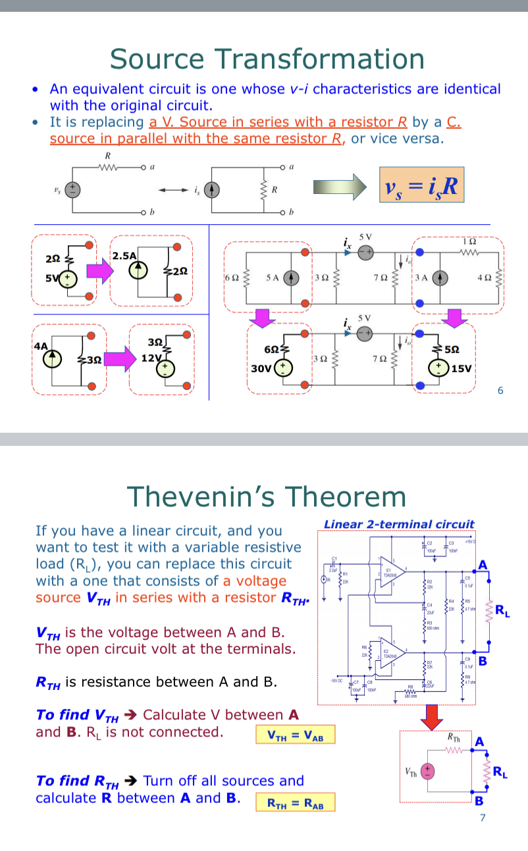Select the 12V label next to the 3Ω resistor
(151, 358)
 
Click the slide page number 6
(500, 391)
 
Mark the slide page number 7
(483, 819)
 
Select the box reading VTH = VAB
(296, 735)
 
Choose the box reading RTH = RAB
(295, 802)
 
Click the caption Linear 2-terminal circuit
(399, 524)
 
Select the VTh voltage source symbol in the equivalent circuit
(427, 771)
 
